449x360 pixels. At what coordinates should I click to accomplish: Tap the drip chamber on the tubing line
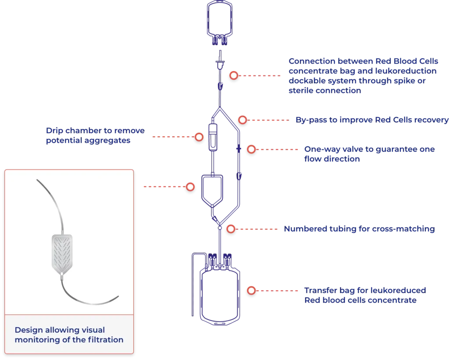(x=212, y=138)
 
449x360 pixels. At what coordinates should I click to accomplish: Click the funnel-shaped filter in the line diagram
(x=212, y=189)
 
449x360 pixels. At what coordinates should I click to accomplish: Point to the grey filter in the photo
(x=61, y=254)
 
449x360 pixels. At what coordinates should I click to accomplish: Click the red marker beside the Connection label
(x=234, y=75)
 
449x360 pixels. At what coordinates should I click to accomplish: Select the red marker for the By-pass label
(x=242, y=119)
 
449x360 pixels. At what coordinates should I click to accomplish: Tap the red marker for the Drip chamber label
(x=199, y=137)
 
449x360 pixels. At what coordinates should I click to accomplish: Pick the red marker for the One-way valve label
(x=251, y=149)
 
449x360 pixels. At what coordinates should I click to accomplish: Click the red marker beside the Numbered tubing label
(x=231, y=228)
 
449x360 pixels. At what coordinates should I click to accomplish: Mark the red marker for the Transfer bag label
(x=251, y=290)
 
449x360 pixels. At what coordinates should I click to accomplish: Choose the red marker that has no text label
(x=190, y=187)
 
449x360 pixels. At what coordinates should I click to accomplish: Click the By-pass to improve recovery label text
(x=371, y=120)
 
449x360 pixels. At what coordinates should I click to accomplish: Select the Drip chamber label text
(x=95, y=136)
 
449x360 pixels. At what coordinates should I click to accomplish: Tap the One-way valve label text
(x=369, y=154)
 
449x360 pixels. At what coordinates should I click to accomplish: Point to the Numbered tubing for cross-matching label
(x=359, y=229)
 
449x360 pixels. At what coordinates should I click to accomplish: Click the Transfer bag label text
(x=365, y=296)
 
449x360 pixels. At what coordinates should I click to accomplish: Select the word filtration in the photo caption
(x=103, y=340)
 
